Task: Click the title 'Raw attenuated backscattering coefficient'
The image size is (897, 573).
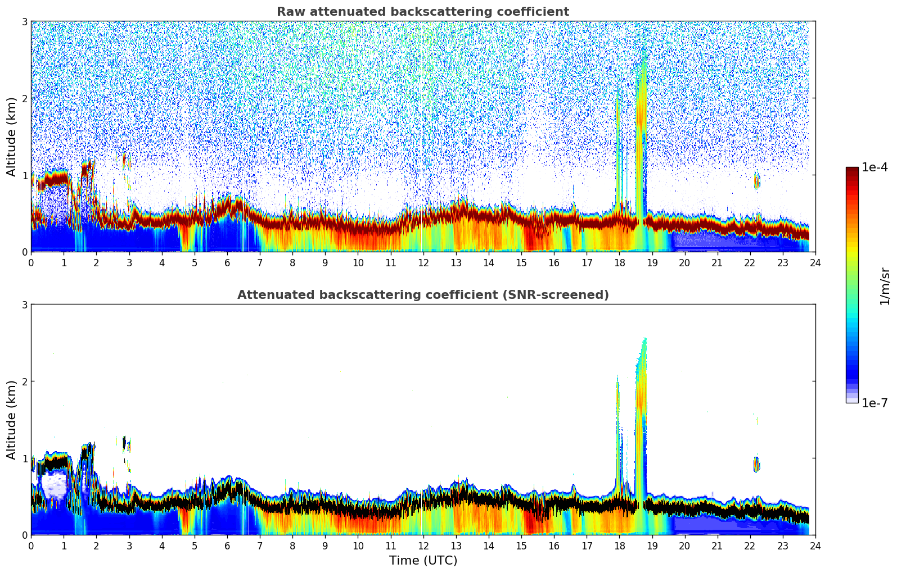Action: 422,12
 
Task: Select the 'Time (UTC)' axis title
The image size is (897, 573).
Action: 423,560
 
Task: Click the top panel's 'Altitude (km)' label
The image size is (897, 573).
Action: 11,137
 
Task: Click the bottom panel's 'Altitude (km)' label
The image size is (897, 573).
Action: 11,420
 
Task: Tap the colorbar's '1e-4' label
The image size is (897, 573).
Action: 875,167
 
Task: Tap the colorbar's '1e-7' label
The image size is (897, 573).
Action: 875,403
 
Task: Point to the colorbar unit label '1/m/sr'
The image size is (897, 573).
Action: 885,286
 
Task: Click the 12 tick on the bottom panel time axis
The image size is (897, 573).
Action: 423,545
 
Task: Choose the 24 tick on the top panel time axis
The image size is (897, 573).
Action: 815,262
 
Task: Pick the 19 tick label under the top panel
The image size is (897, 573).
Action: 652,262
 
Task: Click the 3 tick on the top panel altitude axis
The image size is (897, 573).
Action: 25,21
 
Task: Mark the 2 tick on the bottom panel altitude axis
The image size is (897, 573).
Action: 25,381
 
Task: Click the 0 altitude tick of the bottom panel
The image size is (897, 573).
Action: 25,535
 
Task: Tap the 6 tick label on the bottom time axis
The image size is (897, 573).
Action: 227,545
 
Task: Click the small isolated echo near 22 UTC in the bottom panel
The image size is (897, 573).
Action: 756,464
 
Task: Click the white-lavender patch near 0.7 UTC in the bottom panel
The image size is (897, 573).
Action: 55,484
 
